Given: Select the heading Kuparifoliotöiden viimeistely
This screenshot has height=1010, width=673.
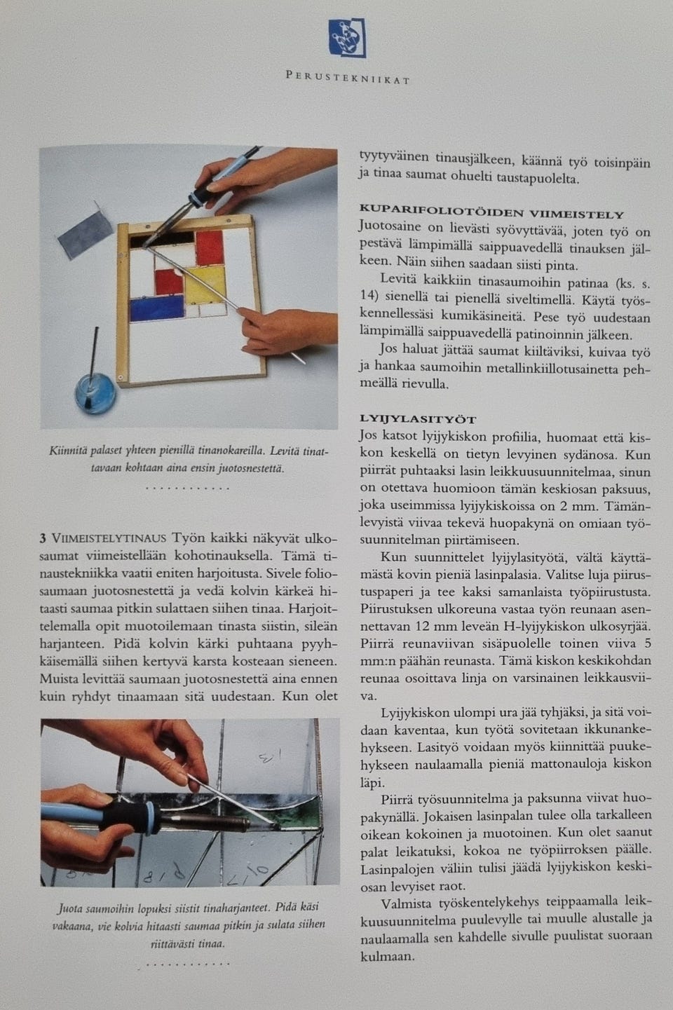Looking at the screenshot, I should pyautogui.click(x=491, y=214).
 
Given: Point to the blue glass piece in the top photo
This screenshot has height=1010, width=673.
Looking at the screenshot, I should pyautogui.click(x=156, y=309).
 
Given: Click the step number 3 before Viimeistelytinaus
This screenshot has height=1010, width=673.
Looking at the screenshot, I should pyautogui.click(x=43, y=538).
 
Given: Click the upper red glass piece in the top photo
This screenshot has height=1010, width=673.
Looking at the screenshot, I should pyautogui.click(x=209, y=246).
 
